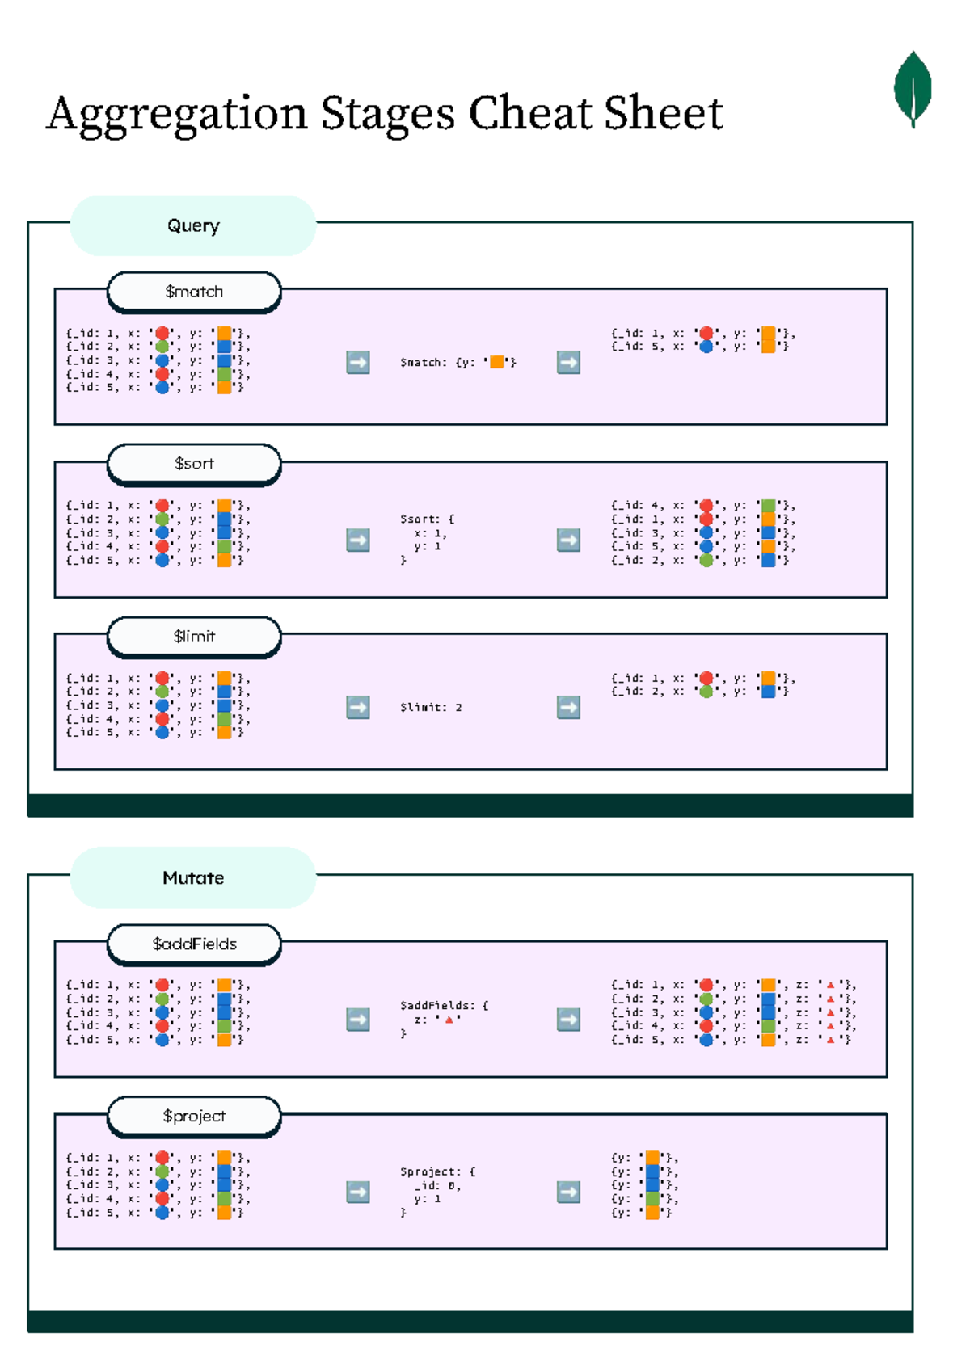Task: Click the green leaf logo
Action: click(913, 89)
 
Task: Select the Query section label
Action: click(193, 225)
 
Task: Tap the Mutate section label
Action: click(193, 877)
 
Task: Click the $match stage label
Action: click(194, 292)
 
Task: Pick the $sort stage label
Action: click(194, 464)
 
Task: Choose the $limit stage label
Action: click(194, 637)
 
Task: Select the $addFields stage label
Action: click(194, 944)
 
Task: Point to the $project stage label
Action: click(194, 1116)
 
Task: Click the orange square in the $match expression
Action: click(497, 362)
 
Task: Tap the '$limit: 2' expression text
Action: click(431, 707)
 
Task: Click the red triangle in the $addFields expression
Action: click(449, 1020)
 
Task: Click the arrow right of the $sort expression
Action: click(568, 540)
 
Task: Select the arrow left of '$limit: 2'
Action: click(358, 707)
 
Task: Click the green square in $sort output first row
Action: click(769, 506)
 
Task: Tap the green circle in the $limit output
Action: click(706, 692)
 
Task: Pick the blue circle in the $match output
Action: click(706, 347)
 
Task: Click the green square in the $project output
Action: click(652, 1199)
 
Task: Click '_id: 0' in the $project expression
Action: click(437, 1185)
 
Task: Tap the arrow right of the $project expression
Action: click(568, 1192)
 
